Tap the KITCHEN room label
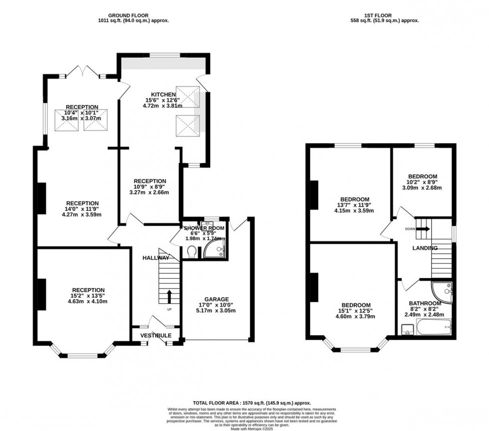coord(163,94)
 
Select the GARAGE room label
coord(216,299)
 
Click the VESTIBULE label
coord(156,335)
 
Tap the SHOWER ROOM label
coord(204,228)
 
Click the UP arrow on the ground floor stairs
coord(169,297)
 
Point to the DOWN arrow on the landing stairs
coord(422,229)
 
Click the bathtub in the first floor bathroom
coord(435,329)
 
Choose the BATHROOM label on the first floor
coord(425,303)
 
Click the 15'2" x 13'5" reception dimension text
coord(88,296)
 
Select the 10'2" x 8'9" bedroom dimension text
coord(423,182)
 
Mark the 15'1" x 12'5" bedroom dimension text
coord(356,311)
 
